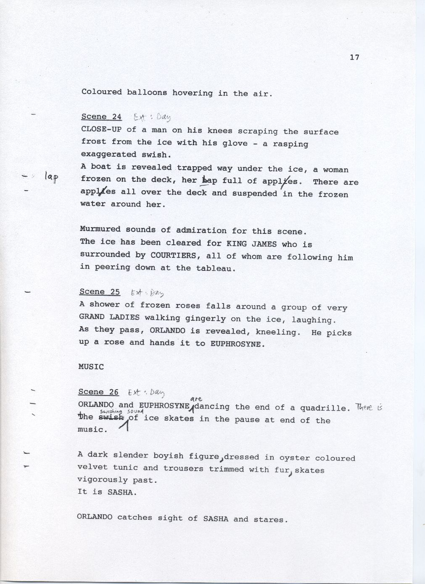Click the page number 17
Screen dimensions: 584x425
click(x=354, y=58)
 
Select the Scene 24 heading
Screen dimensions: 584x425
click(x=101, y=117)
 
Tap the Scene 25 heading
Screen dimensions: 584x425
click(x=100, y=292)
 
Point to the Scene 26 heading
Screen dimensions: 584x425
click(x=98, y=392)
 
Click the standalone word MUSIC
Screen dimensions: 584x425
click(x=91, y=367)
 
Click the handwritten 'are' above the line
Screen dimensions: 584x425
click(x=196, y=399)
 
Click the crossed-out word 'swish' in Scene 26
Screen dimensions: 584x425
click(x=111, y=418)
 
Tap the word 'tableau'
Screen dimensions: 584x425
click(x=215, y=268)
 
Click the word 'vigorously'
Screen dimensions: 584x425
click(x=102, y=479)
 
